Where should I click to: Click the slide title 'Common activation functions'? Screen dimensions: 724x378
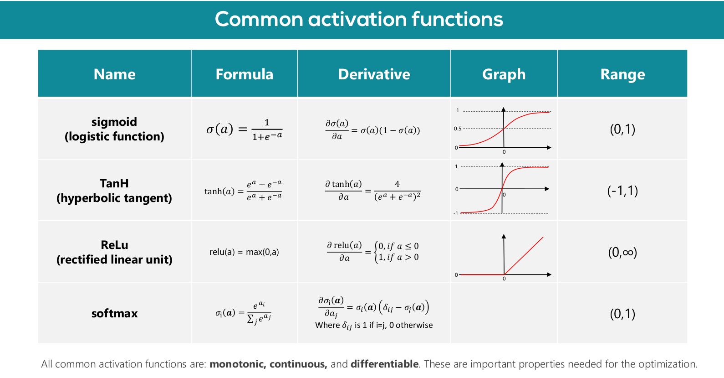[x=359, y=19]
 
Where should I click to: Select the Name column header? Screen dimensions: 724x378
[x=114, y=74]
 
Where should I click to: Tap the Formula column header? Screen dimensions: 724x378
[x=245, y=74]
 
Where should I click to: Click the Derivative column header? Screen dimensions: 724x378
[x=374, y=74]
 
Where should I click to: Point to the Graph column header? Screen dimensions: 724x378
[x=504, y=74]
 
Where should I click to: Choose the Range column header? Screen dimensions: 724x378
[x=622, y=74]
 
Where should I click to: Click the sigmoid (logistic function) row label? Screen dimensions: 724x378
[x=114, y=129]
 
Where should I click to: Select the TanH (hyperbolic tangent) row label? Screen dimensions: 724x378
[x=114, y=191]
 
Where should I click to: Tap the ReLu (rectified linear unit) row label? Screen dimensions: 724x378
[x=114, y=252]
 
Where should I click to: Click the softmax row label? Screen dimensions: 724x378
[x=114, y=313]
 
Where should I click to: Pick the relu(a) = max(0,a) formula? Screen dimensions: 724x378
[x=244, y=252]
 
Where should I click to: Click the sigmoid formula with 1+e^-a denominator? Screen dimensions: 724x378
[x=245, y=129]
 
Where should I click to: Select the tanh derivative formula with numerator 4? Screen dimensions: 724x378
[x=373, y=191]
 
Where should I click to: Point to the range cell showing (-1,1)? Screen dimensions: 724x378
[x=622, y=191]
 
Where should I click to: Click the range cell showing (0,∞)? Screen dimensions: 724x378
[x=622, y=252]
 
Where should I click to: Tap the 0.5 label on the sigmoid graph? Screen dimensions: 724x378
[x=457, y=129]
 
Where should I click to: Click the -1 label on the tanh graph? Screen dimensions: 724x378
[x=456, y=213]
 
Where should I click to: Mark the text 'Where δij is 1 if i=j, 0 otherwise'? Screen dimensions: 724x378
[x=374, y=326]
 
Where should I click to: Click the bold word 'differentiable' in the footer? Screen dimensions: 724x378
[x=385, y=364]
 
